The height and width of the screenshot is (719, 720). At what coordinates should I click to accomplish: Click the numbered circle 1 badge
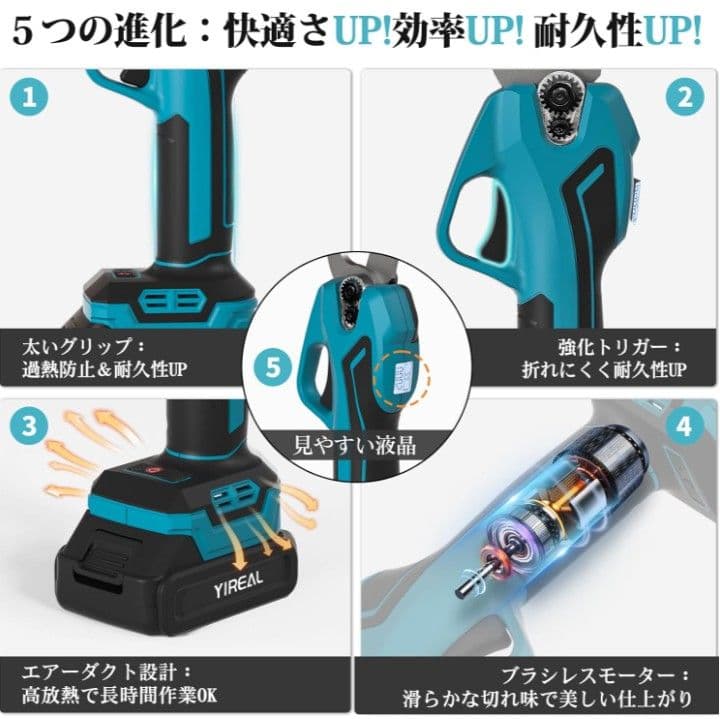point(34,99)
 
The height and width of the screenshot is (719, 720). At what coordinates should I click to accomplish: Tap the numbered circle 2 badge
point(685,97)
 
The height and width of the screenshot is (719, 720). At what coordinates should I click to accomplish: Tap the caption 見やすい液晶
point(354,442)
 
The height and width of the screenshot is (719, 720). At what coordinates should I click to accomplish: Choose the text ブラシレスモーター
point(620,672)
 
